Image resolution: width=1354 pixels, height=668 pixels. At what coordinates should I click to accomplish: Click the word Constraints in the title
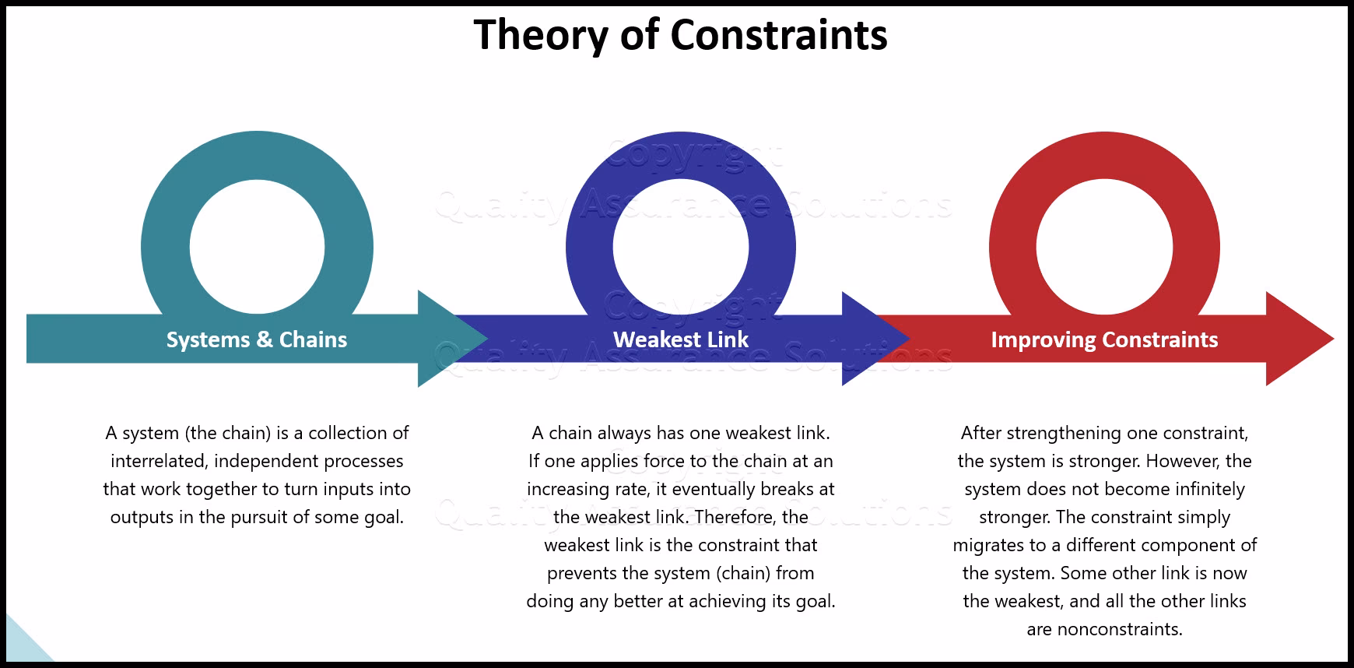pyautogui.click(x=778, y=35)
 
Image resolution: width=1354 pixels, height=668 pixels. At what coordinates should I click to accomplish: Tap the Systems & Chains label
pyautogui.click(x=257, y=339)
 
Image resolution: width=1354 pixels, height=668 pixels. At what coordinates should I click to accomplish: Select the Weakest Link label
pyautogui.click(x=681, y=339)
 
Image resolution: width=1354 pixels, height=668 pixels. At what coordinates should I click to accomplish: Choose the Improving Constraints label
pyautogui.click(x=1104, y=339)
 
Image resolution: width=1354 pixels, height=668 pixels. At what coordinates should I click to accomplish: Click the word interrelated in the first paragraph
pyautogui.click(x=158, y=461)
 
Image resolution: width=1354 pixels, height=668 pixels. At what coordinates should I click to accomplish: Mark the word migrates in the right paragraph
pyautogui.click(x=987, y=545)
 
